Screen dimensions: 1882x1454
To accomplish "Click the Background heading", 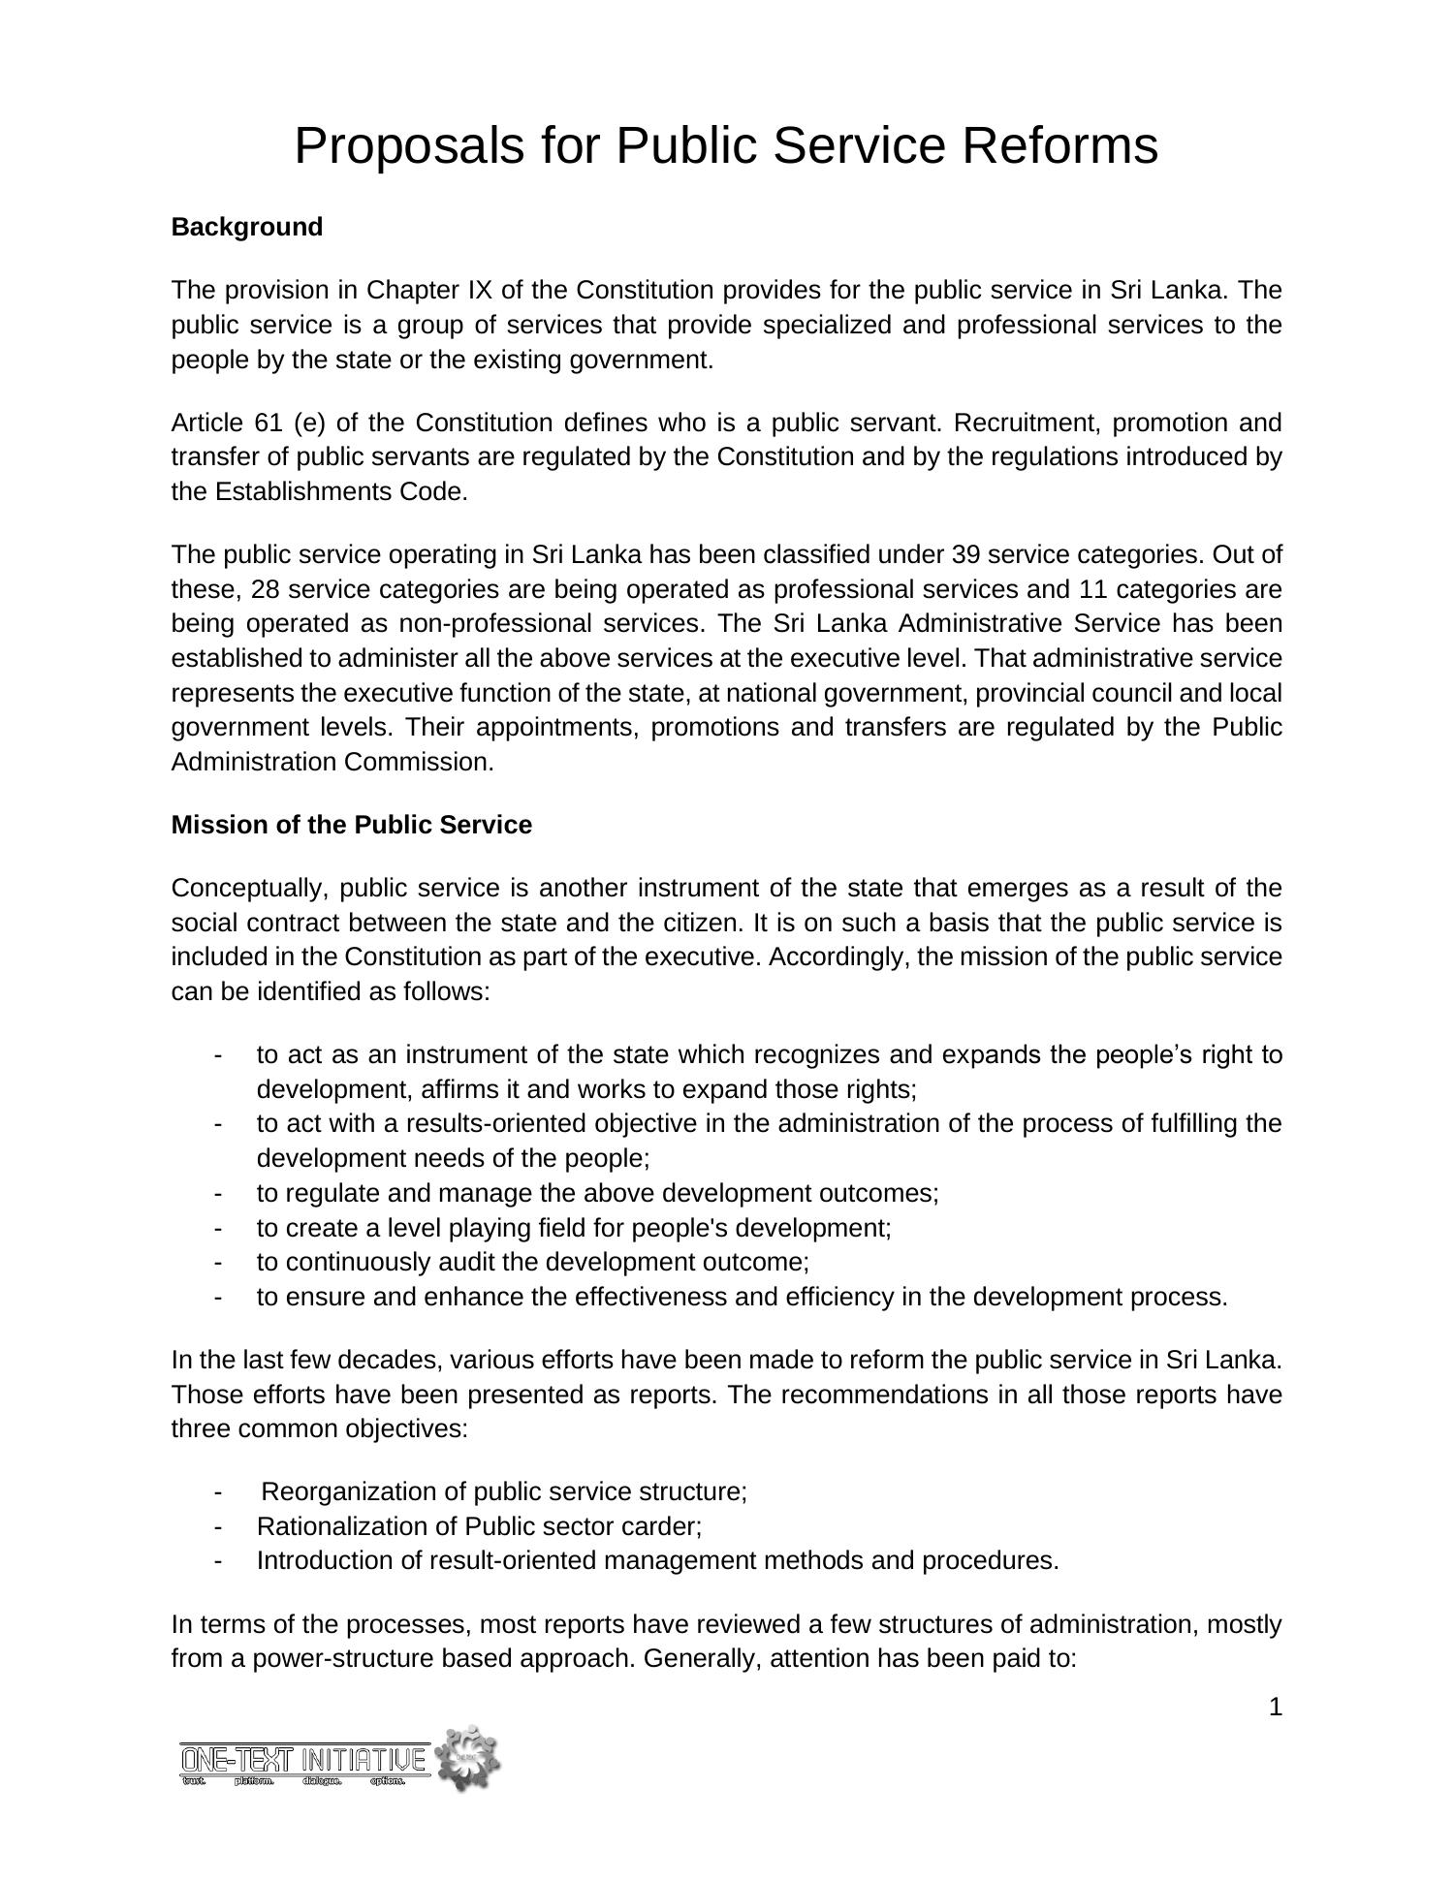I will tap(246, 227).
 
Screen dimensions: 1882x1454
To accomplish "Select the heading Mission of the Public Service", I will tap(351, 825).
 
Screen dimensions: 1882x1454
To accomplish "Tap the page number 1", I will tap(1275, 1708).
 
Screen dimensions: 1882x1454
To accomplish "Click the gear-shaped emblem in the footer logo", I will tap(467, 1757).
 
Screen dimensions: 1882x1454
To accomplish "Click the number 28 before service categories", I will tap(265, 589).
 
